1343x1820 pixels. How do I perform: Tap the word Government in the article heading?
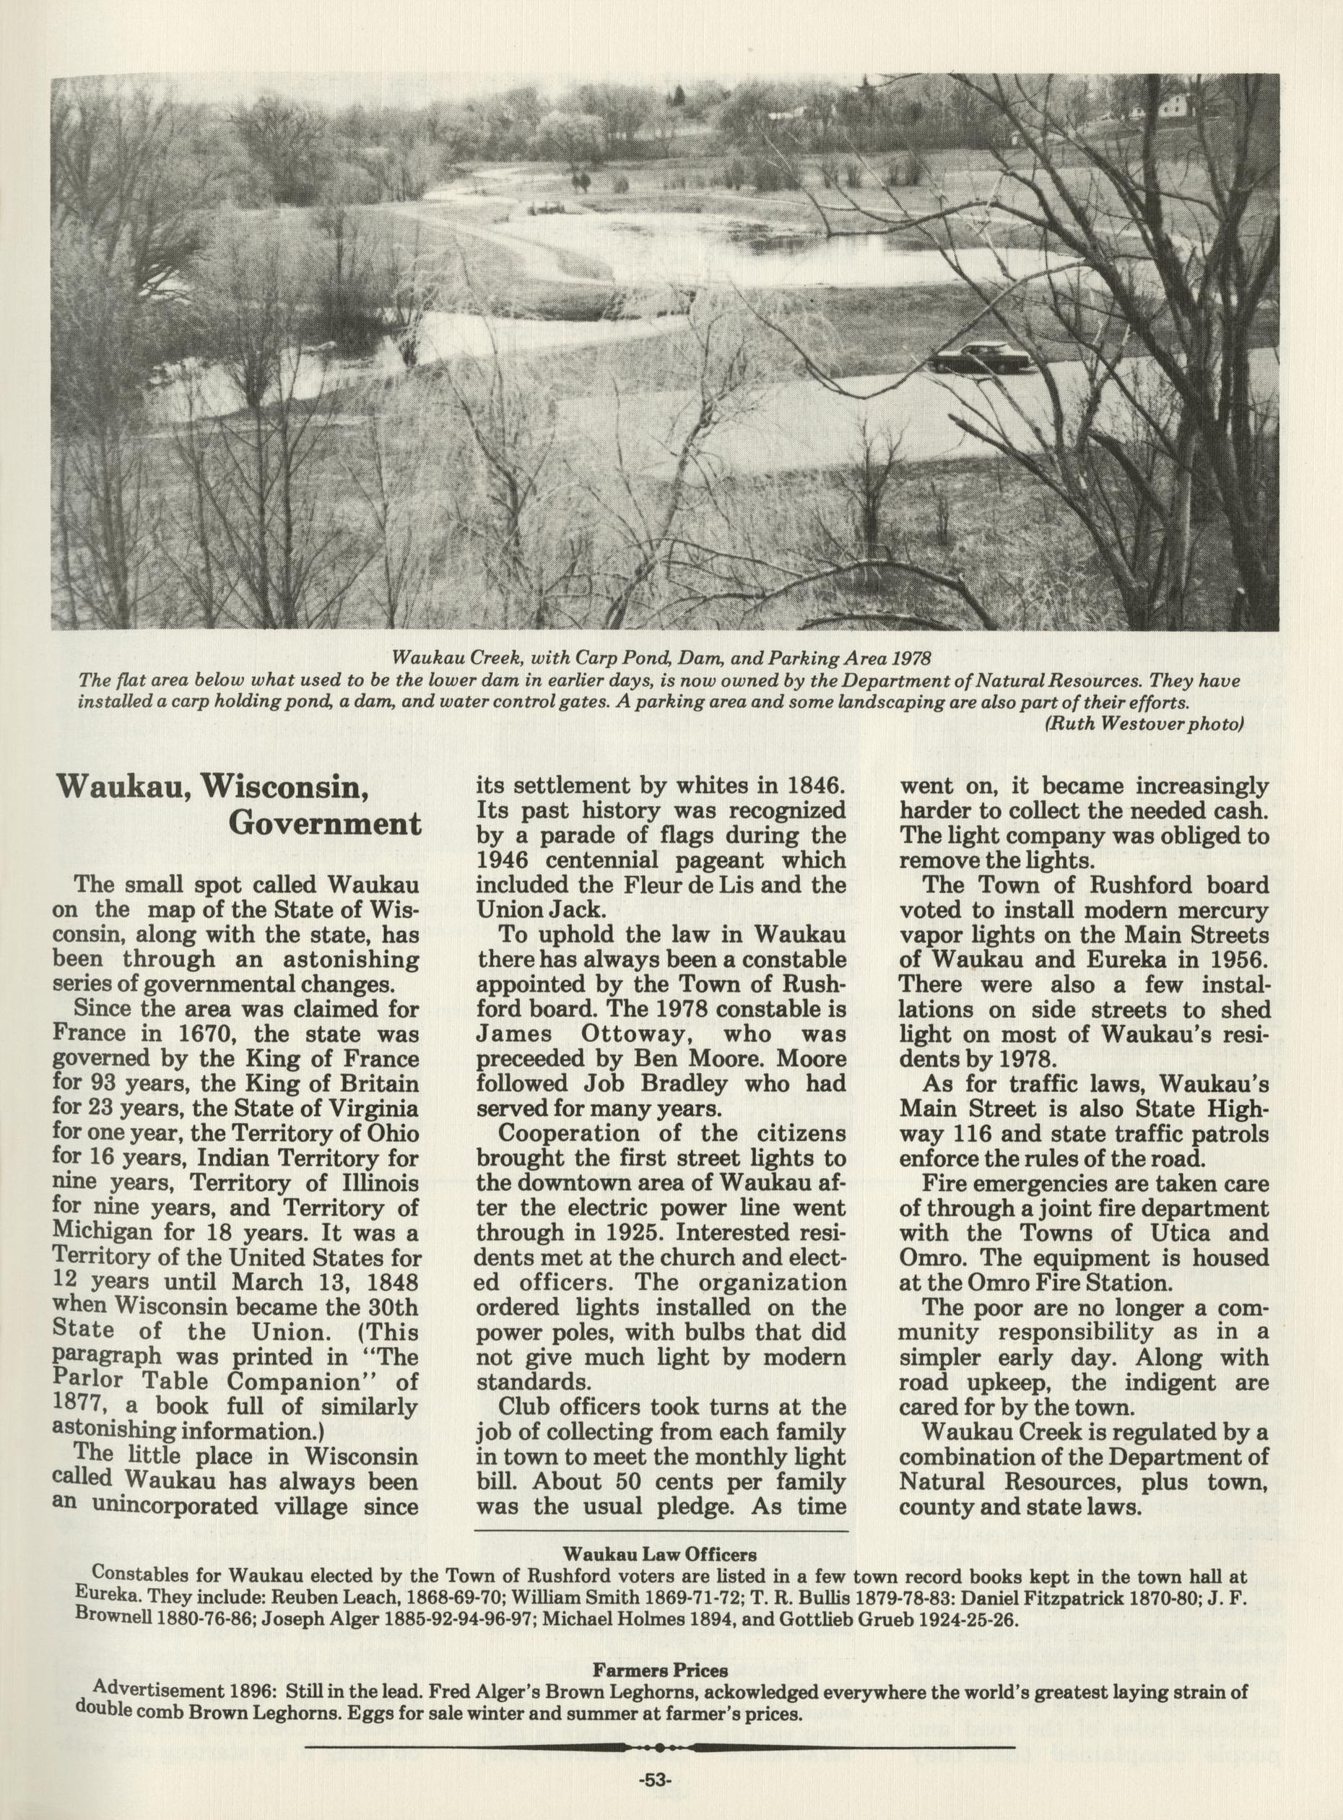coord(325,824)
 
